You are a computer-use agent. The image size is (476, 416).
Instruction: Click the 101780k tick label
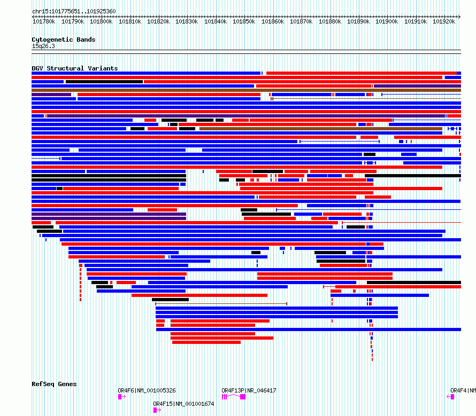point(43,22)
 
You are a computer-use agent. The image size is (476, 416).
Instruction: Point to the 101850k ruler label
point(243,22)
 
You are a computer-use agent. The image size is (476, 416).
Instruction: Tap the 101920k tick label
point(444,22)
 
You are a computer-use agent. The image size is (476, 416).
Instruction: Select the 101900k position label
point(387,22)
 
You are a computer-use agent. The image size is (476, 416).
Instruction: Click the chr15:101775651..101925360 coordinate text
point(74,11)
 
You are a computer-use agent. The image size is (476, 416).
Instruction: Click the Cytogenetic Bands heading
point(63,40)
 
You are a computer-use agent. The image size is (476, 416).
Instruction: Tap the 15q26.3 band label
point(43,46)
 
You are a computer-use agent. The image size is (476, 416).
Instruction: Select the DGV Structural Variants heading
point(74,68)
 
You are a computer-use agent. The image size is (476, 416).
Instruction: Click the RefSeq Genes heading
point(54,384)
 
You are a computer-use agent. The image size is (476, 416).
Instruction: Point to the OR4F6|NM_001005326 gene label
point(147,390)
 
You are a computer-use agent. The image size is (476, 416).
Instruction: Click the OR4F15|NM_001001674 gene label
point(183,404)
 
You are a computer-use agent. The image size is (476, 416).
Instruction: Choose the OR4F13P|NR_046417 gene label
point(249,390)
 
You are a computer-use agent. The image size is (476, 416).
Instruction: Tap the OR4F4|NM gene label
point(463,390)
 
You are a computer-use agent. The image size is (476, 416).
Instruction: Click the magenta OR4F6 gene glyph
point(121,397)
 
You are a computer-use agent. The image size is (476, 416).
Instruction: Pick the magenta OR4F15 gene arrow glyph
point(156,410)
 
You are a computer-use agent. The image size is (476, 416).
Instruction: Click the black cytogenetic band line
point(246,50)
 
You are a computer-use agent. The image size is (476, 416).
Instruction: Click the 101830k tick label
point(186,22)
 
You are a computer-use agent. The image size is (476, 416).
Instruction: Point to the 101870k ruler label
point(301,22)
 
